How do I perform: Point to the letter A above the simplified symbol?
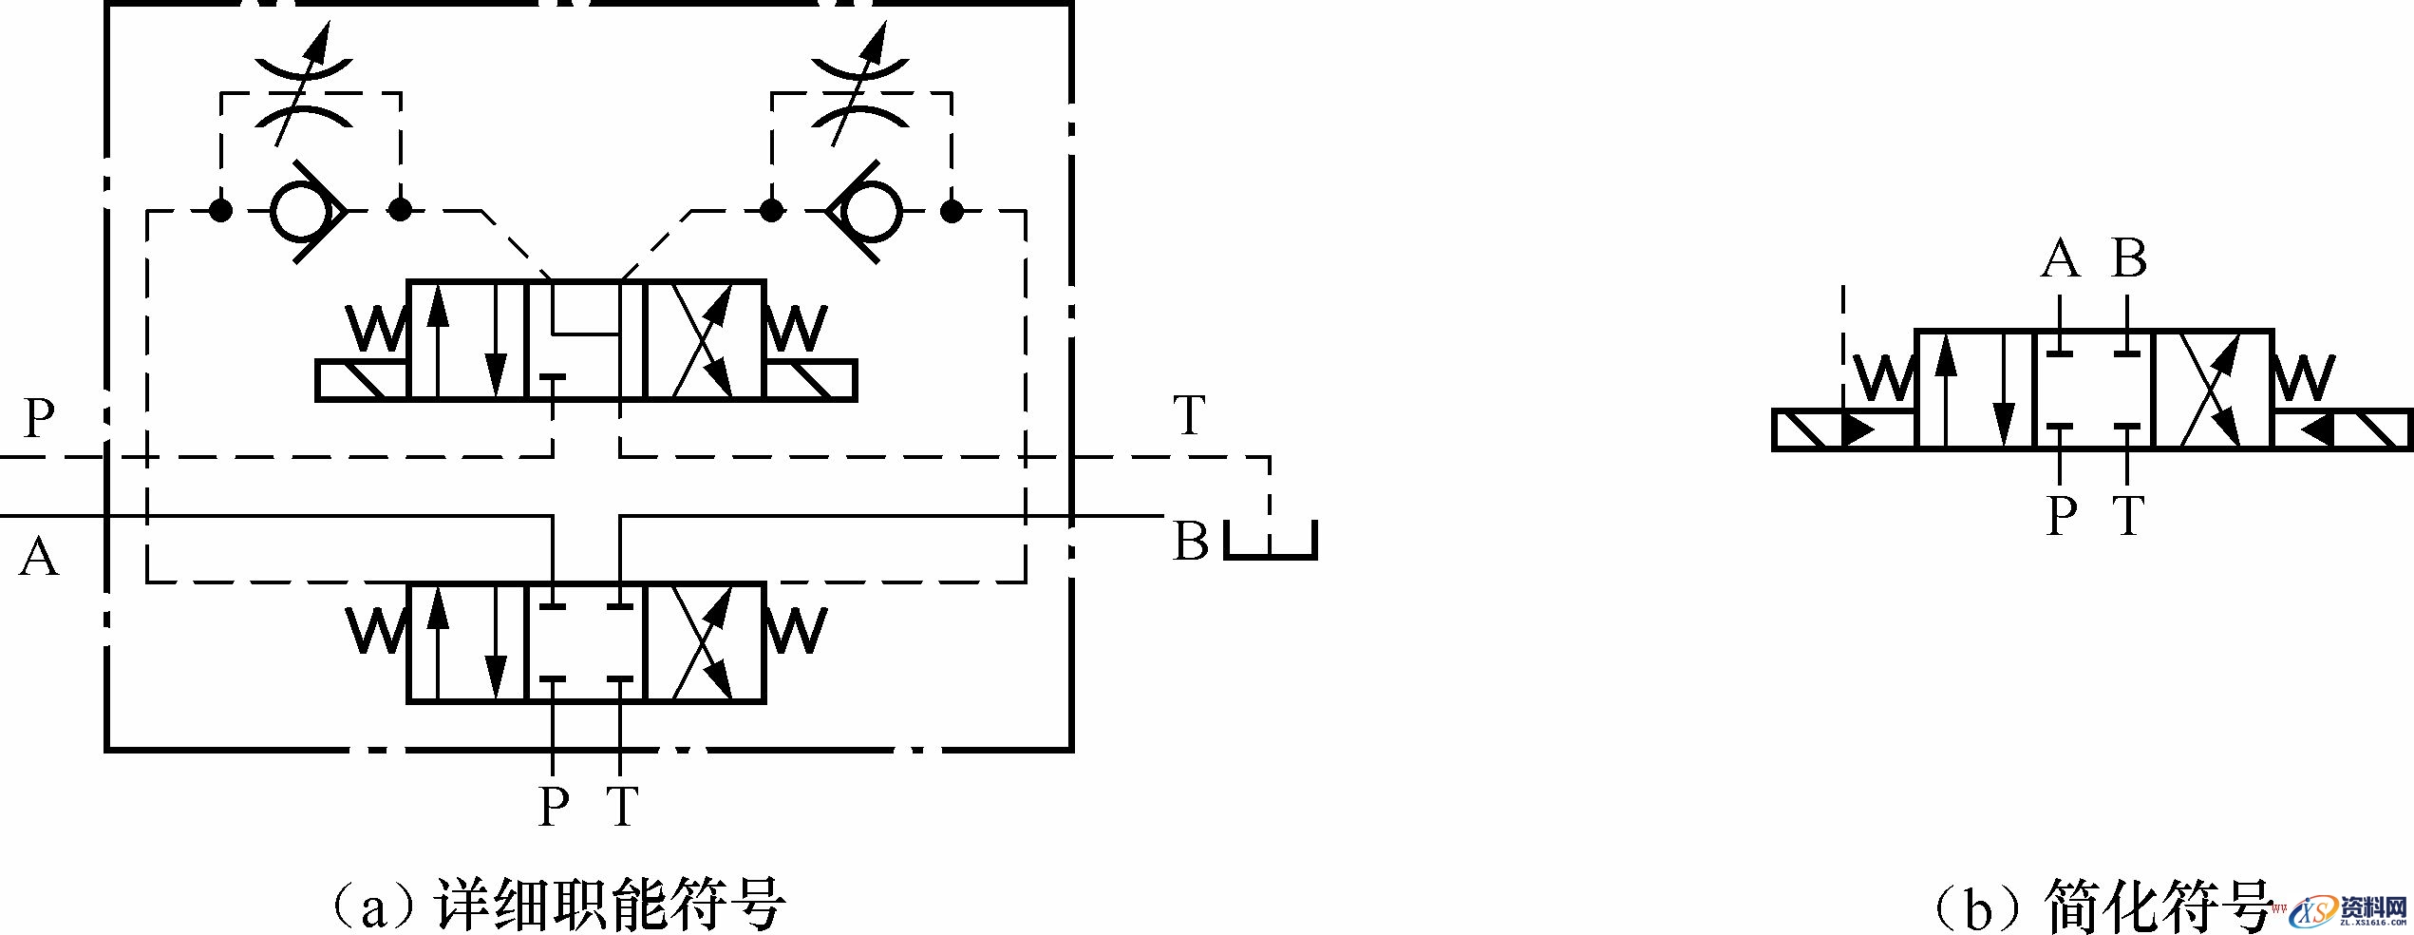point(2060,258)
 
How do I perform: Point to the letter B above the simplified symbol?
point(2128,258)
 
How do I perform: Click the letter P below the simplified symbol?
point(2061,516)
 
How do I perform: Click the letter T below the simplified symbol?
point(2129,516)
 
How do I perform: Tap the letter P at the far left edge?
point(39,417)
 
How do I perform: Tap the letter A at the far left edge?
point(39,557)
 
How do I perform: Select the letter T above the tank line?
point(1189,415)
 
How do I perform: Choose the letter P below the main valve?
point(554,807)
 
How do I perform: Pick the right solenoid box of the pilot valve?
point(810,381)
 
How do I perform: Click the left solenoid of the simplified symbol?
point(1843,429)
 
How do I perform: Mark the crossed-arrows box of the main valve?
point(704,642)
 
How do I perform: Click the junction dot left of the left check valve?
point(220,211)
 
